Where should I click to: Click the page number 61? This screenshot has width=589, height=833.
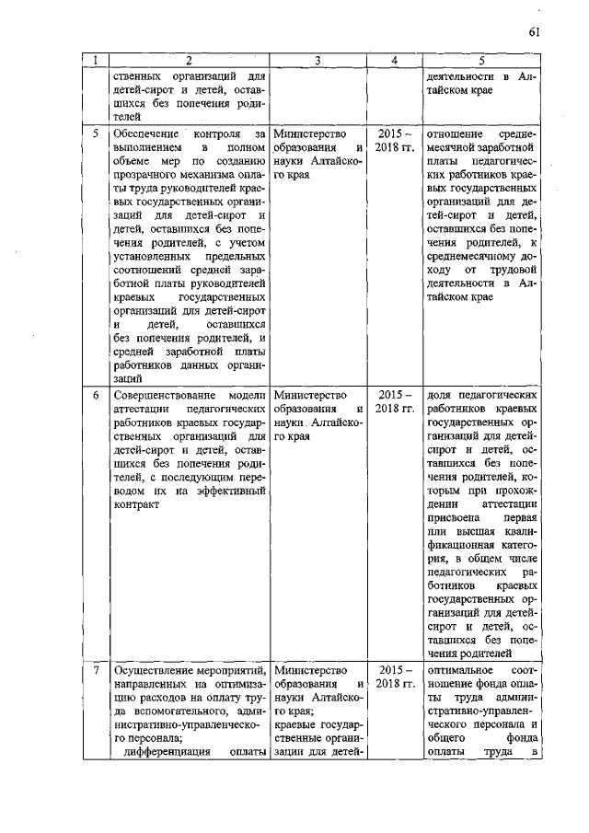click(534, 34)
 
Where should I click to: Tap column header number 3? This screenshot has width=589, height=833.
click(317, 61)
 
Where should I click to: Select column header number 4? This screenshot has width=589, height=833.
click(394, 61)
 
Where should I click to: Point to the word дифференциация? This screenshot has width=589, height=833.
click(167, 753)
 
